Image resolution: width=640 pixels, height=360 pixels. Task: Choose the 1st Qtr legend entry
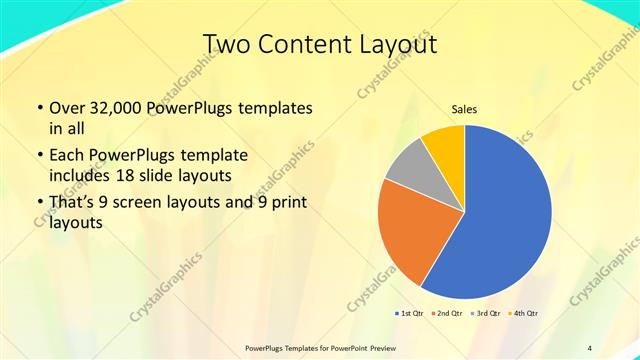411,314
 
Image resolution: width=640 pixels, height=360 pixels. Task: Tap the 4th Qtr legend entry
526,314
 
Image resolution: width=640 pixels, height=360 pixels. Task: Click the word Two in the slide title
228,44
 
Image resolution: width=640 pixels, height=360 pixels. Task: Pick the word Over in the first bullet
69,107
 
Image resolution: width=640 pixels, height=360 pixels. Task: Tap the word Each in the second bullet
69,155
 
